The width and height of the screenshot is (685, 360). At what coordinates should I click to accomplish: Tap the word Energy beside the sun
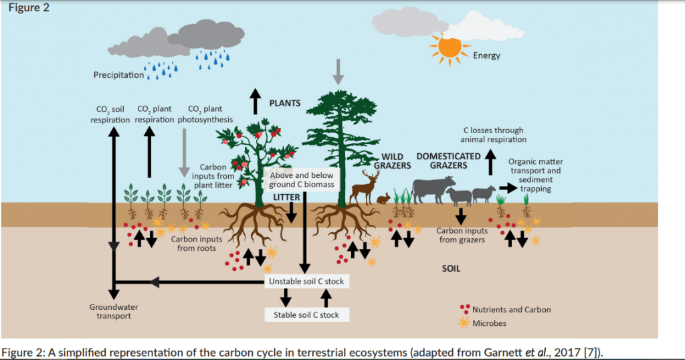pos(486,56)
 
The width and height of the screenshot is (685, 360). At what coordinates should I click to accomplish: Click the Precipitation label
pos(118,74)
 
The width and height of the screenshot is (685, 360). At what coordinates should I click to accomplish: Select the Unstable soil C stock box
pos(306,281)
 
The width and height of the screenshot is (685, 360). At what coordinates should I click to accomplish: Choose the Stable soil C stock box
pos(306,314)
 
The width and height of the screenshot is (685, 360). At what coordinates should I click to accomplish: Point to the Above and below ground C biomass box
pos(301,180)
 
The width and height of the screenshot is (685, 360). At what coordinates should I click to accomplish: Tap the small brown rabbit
pos(383,198)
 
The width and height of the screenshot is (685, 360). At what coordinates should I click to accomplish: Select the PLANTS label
pos(285,103)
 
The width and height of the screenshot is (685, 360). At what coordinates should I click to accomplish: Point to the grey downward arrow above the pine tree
pos(338,71)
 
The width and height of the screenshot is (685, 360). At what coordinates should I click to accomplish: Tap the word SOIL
pos(452,269)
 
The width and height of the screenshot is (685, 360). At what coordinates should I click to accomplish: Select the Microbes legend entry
pos(489,323)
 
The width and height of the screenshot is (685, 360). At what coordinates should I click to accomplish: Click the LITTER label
pos(286,197)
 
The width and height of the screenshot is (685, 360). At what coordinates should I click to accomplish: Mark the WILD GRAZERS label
pos(392,161)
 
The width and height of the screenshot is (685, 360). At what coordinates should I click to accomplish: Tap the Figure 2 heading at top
pos(26,9)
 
